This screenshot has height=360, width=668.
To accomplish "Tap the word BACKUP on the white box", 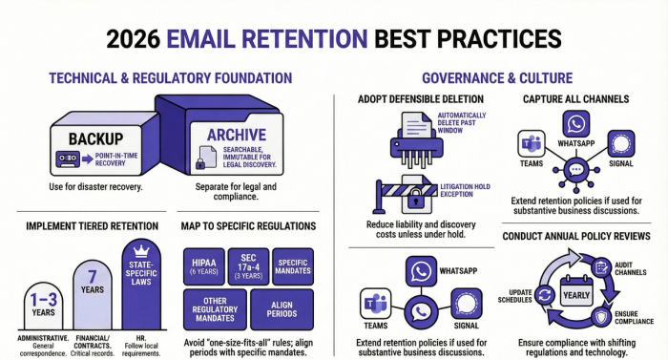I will coord(94,139).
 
